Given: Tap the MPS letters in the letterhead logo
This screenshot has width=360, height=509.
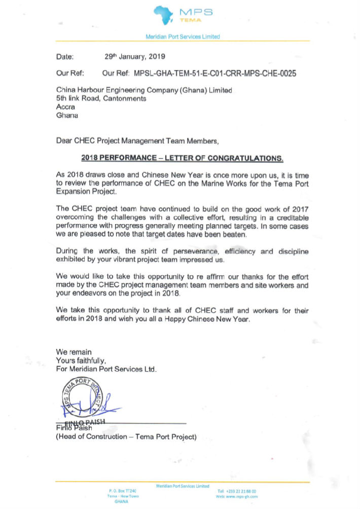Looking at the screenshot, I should [196, 12].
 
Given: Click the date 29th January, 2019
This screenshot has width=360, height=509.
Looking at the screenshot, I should [134, 56].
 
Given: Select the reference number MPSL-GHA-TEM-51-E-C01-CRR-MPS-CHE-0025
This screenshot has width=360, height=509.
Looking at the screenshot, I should [215, 74].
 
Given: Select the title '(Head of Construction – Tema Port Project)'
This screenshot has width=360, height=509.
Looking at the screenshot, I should [126, 437].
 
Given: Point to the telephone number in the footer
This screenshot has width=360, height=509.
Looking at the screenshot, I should [236, 491].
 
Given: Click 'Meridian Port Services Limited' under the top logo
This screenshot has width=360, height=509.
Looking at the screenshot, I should [183, 37].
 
